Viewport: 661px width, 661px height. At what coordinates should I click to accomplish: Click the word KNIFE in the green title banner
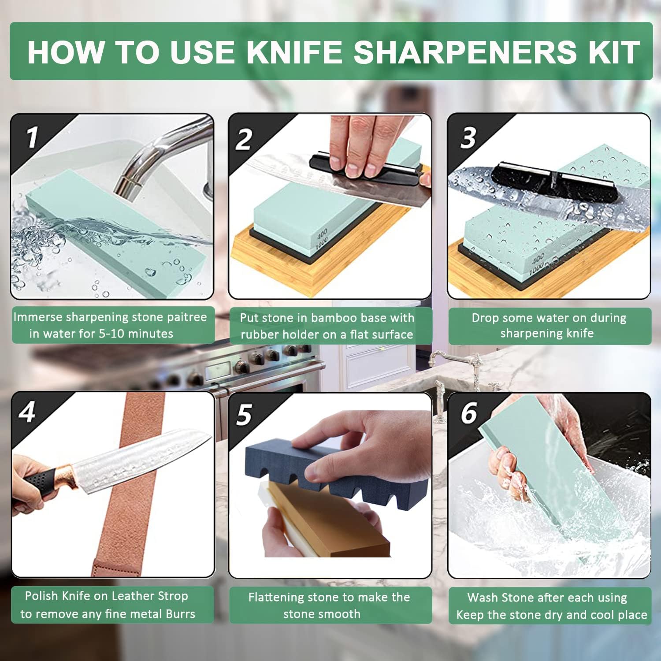pos(294,52)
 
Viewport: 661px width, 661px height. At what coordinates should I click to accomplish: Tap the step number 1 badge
pos(31,137)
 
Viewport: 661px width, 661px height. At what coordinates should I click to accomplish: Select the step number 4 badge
pos(27,412)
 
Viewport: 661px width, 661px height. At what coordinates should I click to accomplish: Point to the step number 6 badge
pos(468,413)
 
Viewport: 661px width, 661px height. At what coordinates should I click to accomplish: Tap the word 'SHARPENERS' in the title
pos(464,52)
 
